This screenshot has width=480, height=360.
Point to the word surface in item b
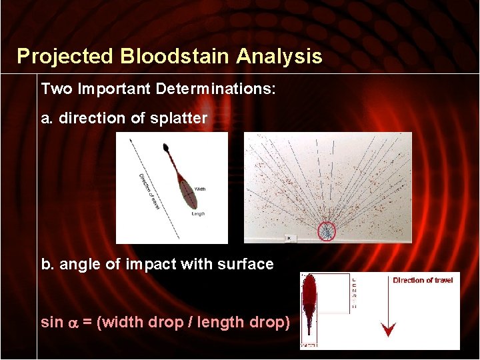(246, 264)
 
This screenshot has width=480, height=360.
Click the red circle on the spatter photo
(327, 231)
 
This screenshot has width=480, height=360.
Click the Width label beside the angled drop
(200, 189)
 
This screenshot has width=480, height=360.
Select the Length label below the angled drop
(198, 214)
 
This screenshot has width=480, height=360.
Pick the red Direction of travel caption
(423, 281)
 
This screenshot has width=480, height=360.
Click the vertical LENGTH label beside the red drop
(353, 293)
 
